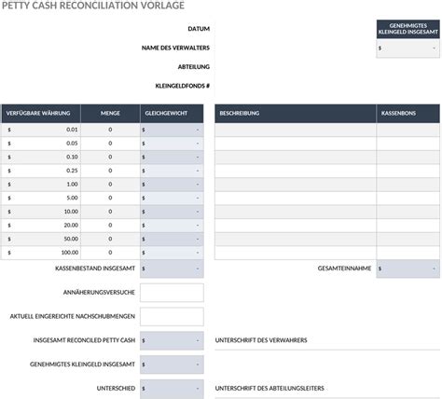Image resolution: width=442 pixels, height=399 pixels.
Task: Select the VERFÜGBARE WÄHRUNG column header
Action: tap(40, 113)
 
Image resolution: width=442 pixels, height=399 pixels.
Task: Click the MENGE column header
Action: tap(110, 113)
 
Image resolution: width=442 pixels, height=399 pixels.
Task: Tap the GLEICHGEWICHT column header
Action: tap(172, 113)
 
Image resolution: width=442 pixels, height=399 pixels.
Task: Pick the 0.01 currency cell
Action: tap(40, 130)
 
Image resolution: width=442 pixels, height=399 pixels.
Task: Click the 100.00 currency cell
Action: tap(40, 252)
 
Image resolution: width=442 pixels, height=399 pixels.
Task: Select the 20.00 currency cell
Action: tap(40, 225)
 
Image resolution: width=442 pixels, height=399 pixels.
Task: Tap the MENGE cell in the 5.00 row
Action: tap(110, 198)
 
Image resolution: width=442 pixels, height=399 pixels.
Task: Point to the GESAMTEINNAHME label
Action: tap(344, 268)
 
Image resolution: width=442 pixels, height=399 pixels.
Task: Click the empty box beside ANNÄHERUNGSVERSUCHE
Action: tap(172, 293)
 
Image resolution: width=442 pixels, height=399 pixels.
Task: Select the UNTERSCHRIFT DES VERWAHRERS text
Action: tap(261, 340)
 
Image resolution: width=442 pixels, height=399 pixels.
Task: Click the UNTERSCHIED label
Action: tap(116, 387)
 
